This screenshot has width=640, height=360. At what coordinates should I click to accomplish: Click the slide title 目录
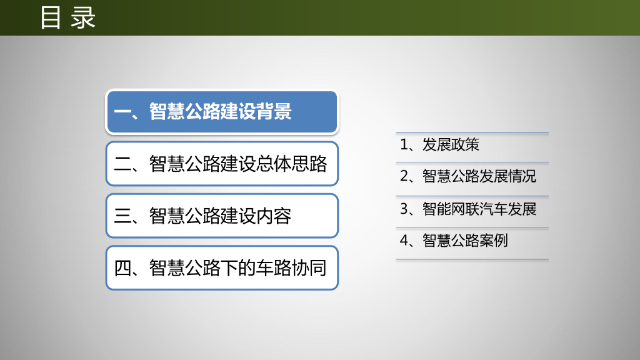coord(67,17)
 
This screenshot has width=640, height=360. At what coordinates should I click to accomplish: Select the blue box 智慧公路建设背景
coord(222,112)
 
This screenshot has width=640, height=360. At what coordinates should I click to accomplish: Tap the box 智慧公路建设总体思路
coord(222,164)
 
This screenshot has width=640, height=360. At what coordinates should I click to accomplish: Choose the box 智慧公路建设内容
coord(222,216)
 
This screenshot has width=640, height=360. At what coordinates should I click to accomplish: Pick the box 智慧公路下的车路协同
coord(222,267)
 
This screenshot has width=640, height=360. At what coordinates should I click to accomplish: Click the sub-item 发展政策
coord(451,144)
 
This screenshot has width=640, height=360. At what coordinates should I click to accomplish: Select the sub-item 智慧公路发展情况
coord(479,176)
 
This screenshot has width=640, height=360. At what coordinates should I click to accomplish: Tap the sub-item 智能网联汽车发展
coord(479,209)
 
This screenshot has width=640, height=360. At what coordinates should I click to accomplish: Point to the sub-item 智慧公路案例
coord(465,241)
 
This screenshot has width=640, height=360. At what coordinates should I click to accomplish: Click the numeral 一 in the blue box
coord(122,112)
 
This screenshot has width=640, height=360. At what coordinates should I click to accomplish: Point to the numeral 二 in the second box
coord(122,164)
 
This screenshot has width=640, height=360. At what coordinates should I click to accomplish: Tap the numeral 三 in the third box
coord(122,216)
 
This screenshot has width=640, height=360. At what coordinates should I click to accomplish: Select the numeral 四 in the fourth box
coord(122,268)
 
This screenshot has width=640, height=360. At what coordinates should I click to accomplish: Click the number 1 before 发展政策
coord(404,144)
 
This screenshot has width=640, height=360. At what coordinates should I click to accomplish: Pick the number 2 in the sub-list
coord(404,176)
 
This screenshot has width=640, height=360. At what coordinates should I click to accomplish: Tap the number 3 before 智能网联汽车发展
coord(404,209)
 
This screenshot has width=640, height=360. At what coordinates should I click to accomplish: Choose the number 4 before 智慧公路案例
coord(404,241)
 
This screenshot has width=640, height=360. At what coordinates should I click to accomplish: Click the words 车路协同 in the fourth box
coord(291,268)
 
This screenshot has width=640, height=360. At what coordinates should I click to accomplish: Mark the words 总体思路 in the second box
coord(291,164)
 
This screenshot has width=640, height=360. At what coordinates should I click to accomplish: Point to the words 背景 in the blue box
coord(274,111)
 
